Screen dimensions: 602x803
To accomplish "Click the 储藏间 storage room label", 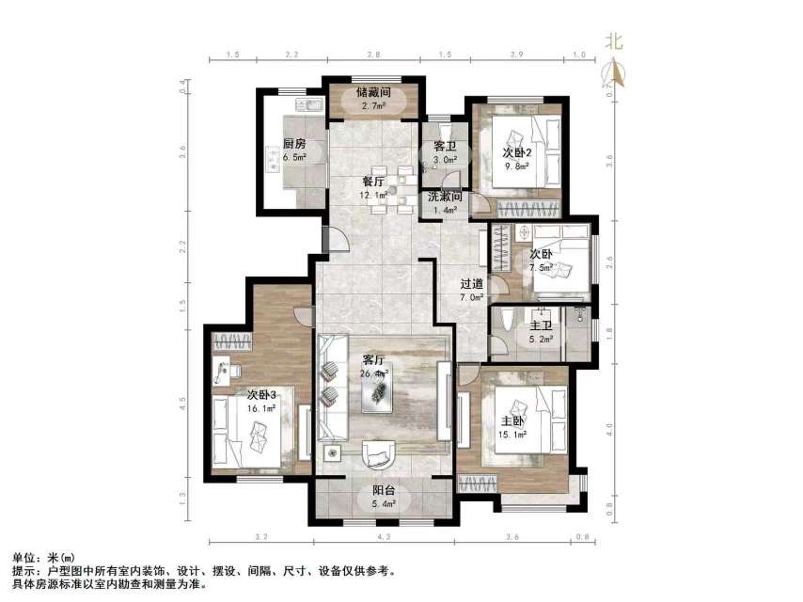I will click(x=372, y=92).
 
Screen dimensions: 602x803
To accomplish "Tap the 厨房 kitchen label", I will click(x=294, y=144).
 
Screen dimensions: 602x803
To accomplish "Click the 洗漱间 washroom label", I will click(x=444, y=198).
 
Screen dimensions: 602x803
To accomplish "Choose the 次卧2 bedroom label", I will click(x=517, y=152).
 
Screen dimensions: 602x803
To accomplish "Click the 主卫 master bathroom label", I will click(x=541, y=326).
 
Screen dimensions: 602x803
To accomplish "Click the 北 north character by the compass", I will click(x=615, y=42).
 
